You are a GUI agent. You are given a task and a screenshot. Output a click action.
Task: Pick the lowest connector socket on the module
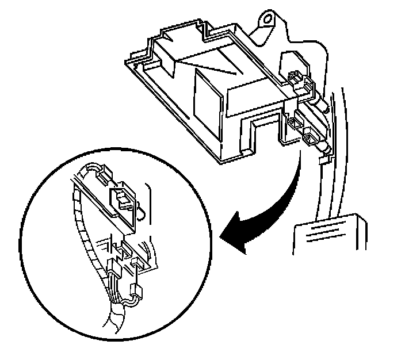[312, 138]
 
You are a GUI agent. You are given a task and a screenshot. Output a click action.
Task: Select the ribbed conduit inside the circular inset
[87, 224]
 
